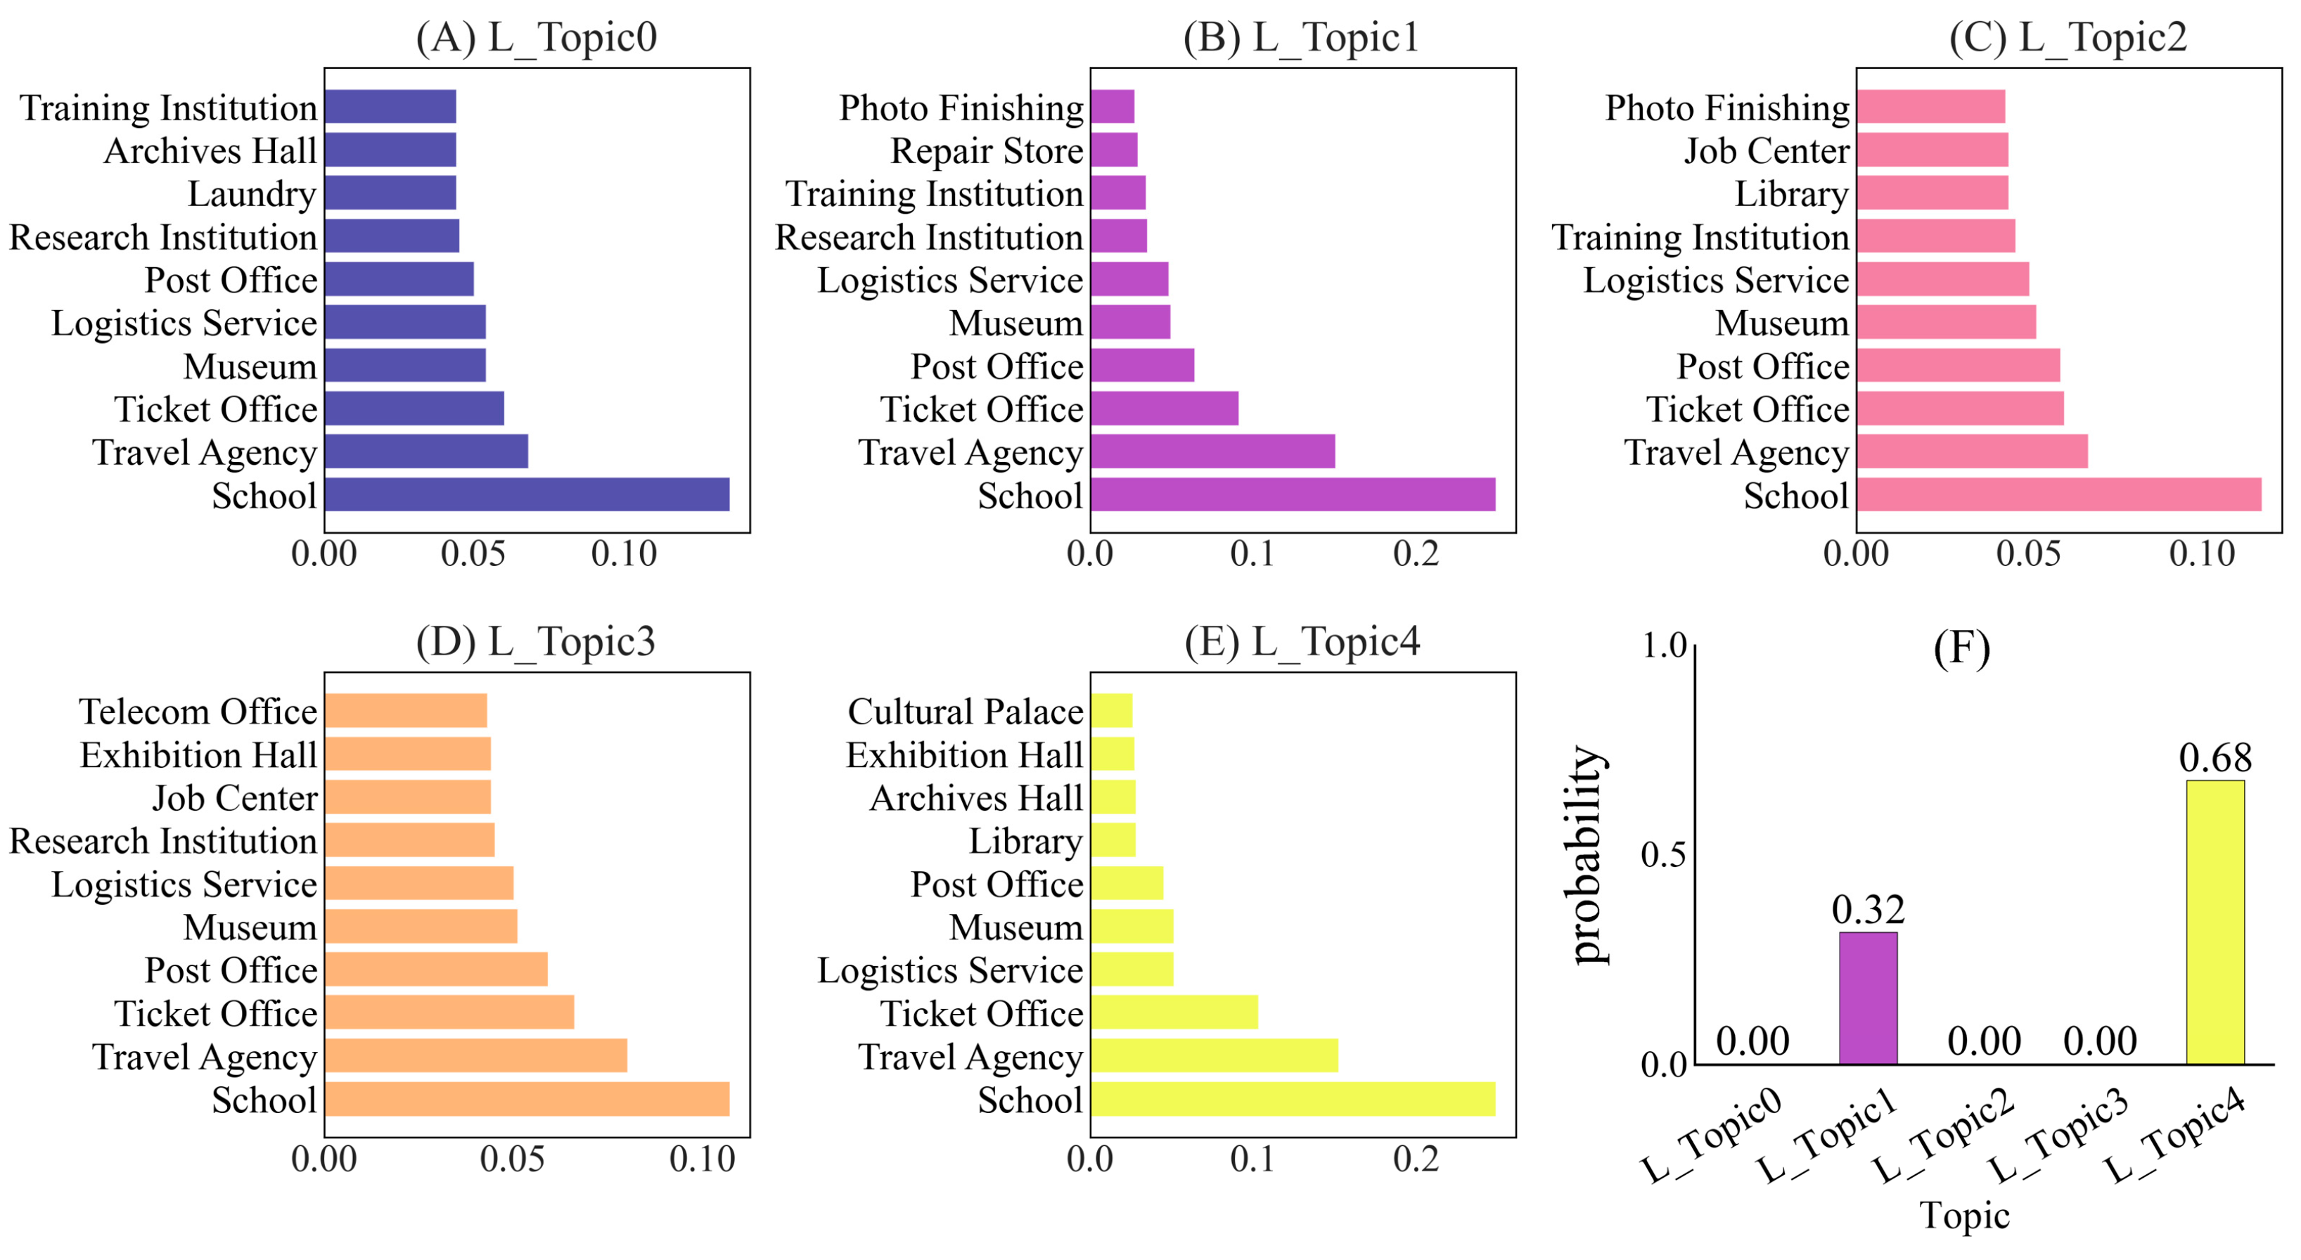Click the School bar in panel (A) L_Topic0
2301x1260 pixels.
click(x=527, y=495)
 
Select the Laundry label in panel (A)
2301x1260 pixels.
click(x=252, y=194)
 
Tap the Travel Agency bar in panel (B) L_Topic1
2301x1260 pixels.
click(x=1212, y=452)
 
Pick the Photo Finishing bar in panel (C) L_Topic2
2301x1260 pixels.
click(x=1930, y=107)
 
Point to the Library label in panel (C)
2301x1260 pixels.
click(x=1791, y=194)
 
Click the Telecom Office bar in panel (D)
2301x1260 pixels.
click(x=406, y=711)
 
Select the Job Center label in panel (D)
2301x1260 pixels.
click(x=234, y=797)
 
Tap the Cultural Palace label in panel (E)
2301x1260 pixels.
click(x=965, y=712)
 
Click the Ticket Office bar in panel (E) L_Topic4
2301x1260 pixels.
click(x=1174, y=1012)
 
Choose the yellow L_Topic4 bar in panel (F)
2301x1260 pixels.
click(x=2215, y=922)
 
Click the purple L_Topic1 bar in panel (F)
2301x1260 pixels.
click(x=1867, y=998)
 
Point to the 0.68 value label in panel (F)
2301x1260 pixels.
click(x=2215, y=758)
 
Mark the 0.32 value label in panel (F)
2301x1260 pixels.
click(x=1868, y=909)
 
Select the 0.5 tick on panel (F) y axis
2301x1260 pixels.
click(x=1662, y=854)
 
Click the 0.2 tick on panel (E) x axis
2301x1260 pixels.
click(x=1416, y=1159)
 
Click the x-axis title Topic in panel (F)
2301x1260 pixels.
click(x=1964, y=1215)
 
